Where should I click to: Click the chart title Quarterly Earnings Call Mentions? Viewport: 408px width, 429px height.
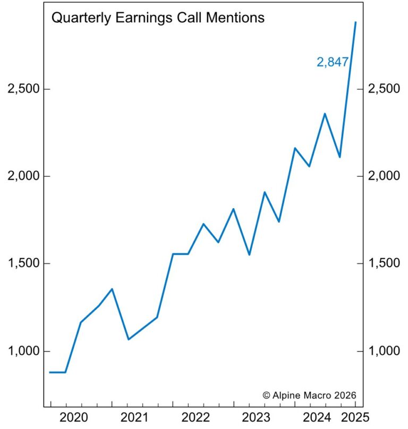tap(157, 18)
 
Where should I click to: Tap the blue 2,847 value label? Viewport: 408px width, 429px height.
tap(333, 62)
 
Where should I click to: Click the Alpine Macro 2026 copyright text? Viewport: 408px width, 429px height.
tap(309, 395)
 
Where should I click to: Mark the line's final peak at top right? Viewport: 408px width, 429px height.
tap(355, 23)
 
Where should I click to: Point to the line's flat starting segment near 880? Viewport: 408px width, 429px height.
tap(57, 372)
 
